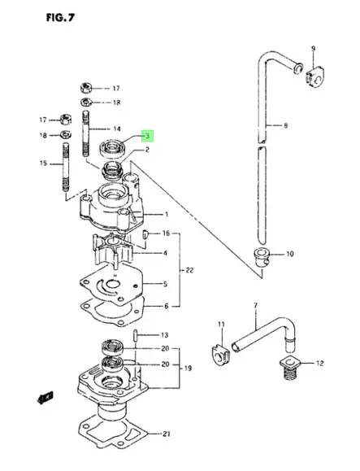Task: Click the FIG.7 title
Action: pos(60,18)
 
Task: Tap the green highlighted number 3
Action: pos(148,136)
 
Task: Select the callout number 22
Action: pos(189,270)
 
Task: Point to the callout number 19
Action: pos(188,368)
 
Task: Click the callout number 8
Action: pos(285,125)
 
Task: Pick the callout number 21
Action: pos(167,434)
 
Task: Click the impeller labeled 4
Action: pos(114,251)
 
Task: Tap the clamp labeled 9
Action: pos(315,78)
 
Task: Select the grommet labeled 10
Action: pos(262,257)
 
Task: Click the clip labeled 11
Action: pos(220,355)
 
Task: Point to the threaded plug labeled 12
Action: pos(291,369)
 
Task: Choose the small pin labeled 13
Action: pos(135,335)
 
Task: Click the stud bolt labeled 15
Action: pos(66,167)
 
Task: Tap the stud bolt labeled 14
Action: pos(86,133)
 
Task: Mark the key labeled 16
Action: pos(145,234)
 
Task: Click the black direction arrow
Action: pos(45,398)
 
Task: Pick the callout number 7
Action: pos(256,306)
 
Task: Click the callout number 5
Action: pos(165,284)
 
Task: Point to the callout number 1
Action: pos(167,215)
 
